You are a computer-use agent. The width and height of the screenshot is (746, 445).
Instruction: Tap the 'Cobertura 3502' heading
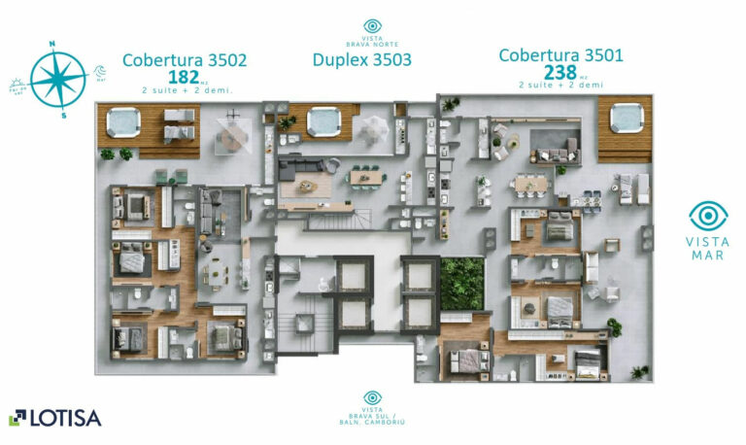[x=184, y=60]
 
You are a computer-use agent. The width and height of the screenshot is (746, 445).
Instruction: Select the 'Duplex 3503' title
[x=361, y=60]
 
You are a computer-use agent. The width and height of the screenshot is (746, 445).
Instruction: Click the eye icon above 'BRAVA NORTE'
[x=372, y=26]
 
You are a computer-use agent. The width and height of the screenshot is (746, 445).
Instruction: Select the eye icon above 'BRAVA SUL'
[x=372, y=397]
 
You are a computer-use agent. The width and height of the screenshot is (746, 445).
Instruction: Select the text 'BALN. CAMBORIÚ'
[x=372, y=421]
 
